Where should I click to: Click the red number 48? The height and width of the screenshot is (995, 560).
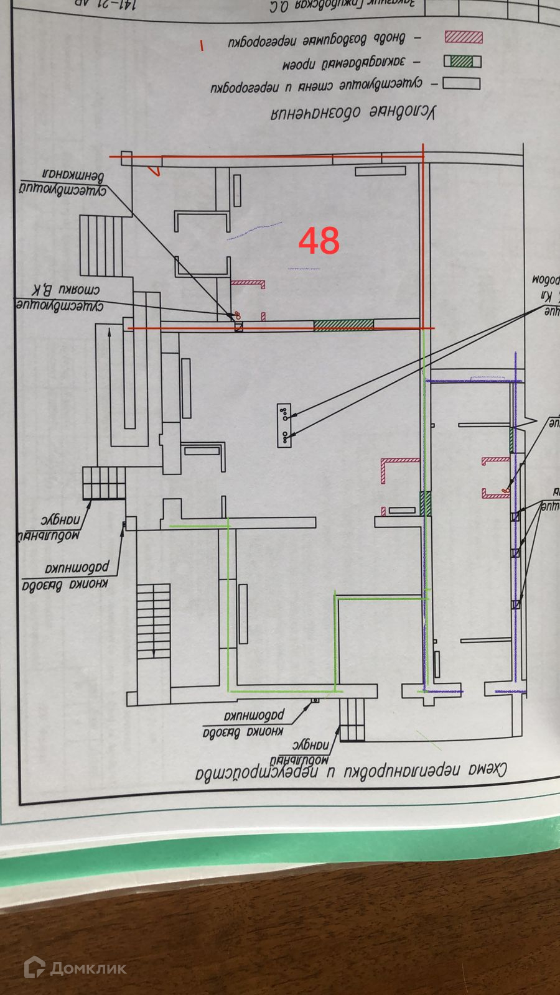coord(319,241)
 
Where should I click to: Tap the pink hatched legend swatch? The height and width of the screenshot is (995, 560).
coord(464,37)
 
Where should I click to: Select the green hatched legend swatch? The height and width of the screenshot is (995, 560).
coord(462,62)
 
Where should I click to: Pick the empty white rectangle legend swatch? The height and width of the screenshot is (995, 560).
coord(462,83)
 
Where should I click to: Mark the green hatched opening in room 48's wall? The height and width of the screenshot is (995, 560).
coord(343,325)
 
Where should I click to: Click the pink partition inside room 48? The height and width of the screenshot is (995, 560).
coord(248,283)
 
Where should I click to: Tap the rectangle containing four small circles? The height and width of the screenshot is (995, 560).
coord(284,425)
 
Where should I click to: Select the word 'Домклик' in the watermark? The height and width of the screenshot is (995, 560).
coord(88,968)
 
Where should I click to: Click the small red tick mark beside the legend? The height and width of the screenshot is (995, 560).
coord(201,45)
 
